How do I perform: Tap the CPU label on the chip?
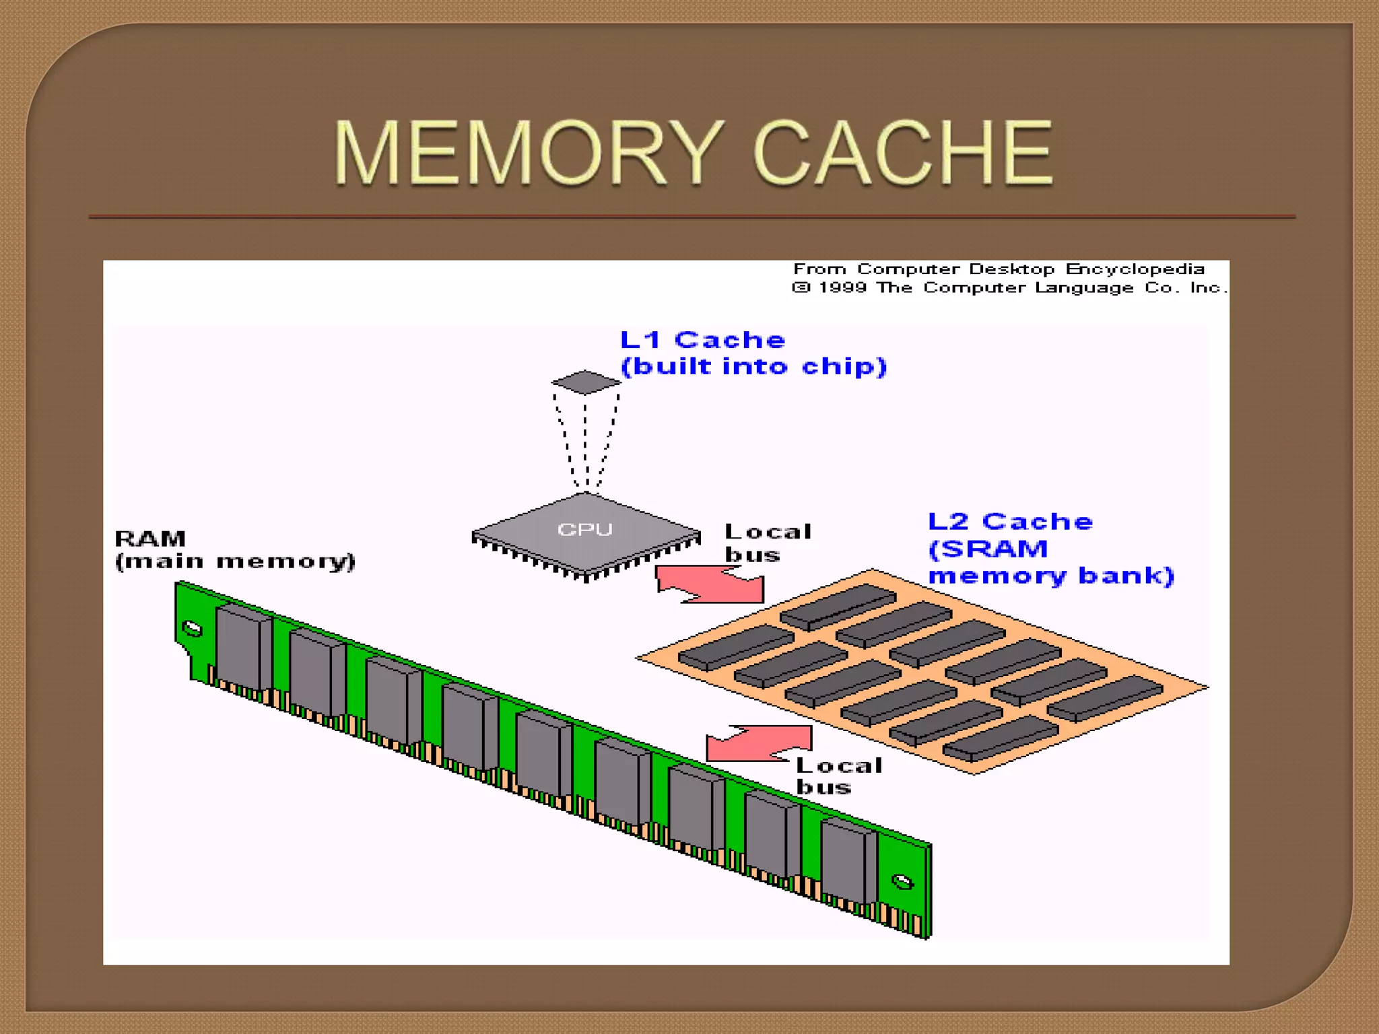[x=584, y=530]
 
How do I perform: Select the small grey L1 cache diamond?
[x=585, y=382]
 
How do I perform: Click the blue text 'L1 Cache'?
[x=702, y=340]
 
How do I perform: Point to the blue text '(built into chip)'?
[x=753, y=367]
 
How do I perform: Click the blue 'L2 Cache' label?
[x=1010, y=522]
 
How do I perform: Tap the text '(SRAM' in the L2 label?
[x=988, y=549]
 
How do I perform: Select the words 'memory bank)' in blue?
[x=1050, y=576]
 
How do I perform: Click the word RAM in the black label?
[x=150, y=539]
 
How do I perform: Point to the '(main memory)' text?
[x=235, y=561]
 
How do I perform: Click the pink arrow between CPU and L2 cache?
[x=710, y=584]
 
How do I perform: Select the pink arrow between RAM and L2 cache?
[x=760, y=743]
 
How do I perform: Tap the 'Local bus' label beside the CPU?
[x=768, y=543]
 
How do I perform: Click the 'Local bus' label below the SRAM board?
[x=838, y=775]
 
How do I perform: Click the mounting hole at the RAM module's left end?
[x=193, y=629]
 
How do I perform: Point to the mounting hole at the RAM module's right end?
[x=902, y=882]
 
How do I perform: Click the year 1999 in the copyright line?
[x=842, y=288]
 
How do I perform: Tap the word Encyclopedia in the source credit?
[x=1135, y=269]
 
